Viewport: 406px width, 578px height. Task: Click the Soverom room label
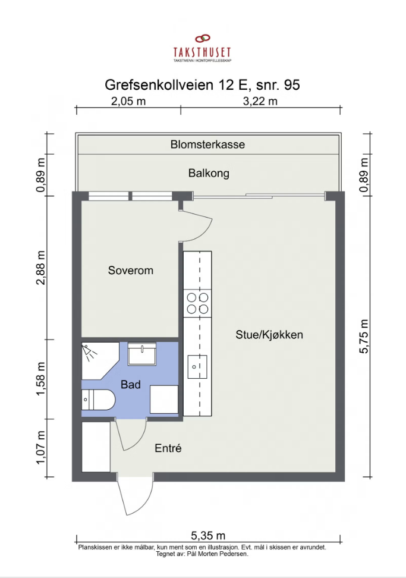130,270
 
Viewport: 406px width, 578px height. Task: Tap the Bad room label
131,385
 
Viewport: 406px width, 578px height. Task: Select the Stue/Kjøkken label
269,335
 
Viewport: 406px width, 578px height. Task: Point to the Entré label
168,448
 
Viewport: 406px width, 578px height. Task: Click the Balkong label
209,173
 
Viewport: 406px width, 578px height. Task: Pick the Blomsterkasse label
208,144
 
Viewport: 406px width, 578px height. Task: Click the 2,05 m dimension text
128,101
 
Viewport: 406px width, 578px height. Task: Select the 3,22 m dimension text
260,101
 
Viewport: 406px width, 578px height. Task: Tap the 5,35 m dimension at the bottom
208,535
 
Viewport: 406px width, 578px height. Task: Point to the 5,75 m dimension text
364,336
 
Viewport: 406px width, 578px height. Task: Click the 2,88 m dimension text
40,268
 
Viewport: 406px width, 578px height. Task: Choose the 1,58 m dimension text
40,379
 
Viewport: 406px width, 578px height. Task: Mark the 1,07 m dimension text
40,447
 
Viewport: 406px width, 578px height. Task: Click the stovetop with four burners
197,303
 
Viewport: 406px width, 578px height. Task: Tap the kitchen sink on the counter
197,366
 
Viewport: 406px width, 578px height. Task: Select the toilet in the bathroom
98,400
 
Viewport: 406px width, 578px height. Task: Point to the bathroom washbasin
142,354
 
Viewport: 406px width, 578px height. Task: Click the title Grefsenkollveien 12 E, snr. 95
202,85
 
